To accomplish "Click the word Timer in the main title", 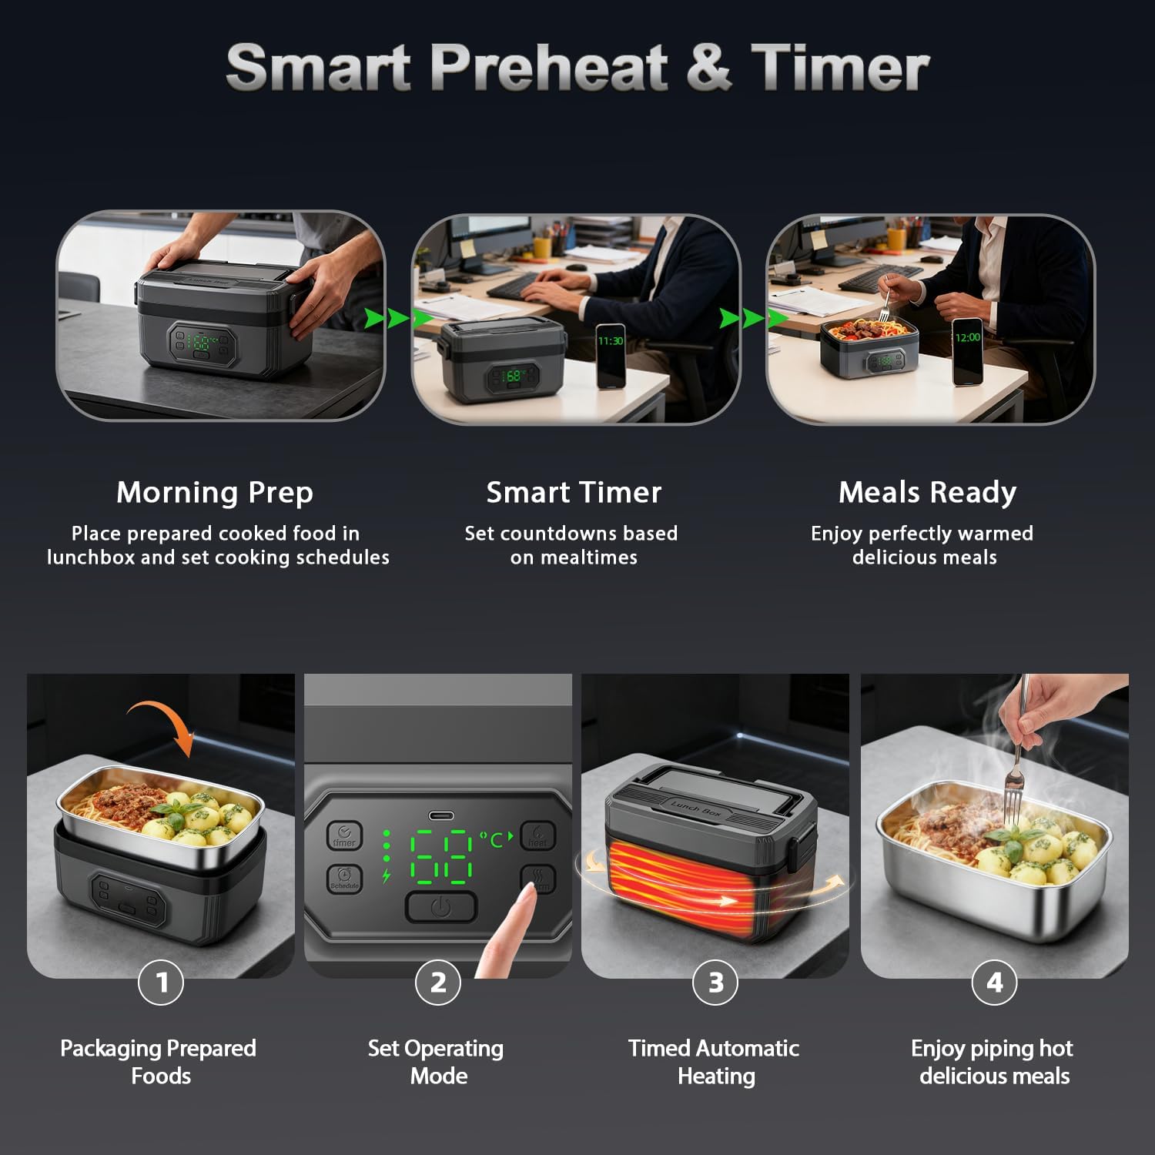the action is [840, 68].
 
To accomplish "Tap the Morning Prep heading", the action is [215, 492].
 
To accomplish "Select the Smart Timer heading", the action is [574, 492].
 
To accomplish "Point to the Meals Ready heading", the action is [927, 492].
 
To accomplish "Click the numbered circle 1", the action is [161, 983].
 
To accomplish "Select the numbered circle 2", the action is [438, 983].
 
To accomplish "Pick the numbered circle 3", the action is [715, 983].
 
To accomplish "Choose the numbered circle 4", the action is [994, 983].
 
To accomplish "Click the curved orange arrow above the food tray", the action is [163, 716].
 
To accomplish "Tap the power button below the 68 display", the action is [441, 907].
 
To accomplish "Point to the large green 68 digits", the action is [441, 855].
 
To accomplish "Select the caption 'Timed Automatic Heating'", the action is [715, 1062].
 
